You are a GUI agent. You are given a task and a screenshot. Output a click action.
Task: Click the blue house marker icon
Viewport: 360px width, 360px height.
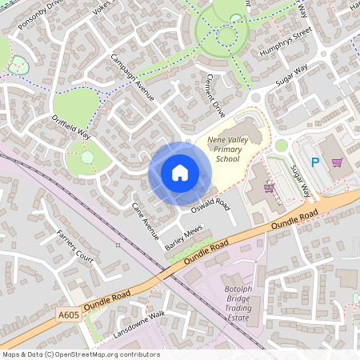(x=180, y=173)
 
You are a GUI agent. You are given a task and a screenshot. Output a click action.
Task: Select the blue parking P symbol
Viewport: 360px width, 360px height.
(x=315, y=162)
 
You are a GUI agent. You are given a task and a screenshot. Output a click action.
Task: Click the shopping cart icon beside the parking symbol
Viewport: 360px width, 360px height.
(x=338, y=162)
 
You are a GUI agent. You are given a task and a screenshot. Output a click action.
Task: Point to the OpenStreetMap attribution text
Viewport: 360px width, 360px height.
(x=81, y=354)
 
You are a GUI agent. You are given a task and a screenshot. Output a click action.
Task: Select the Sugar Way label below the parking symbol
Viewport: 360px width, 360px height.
(x=301, y=180)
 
